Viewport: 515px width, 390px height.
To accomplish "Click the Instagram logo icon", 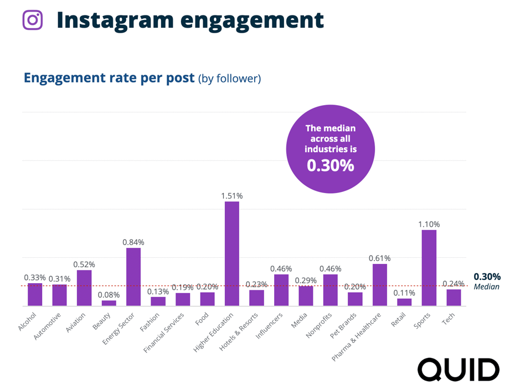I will [33, 20].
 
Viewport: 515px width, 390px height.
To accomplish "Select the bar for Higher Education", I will [232, 253].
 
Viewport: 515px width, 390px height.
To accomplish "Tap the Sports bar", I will [429, 268].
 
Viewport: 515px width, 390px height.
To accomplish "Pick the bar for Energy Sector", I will [133, 277].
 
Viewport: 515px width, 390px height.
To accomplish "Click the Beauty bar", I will [109, 303].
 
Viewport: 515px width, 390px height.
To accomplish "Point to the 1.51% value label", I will [232, 196].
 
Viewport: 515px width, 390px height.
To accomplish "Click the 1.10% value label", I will [429, 224].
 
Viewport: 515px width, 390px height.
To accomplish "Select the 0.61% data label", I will [380, 258].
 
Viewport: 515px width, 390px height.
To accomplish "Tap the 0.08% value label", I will [109, 295].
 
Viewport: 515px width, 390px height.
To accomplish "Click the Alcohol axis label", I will [27, 321].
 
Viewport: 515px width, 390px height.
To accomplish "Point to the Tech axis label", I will [449, 319].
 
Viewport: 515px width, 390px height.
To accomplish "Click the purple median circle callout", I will [330, 149].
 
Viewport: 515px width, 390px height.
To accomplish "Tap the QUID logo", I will [459, 370].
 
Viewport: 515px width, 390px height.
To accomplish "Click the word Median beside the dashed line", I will [486, 287].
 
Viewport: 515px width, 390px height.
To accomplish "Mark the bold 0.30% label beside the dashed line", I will [487, 277].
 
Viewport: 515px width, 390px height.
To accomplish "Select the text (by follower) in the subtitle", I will [229, 79].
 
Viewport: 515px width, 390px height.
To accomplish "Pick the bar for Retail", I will [404, 302].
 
